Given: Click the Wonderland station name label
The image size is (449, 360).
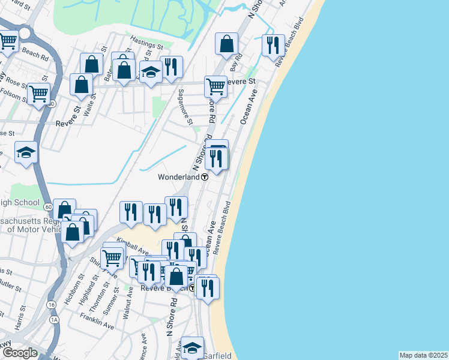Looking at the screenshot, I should (x=178, y=177).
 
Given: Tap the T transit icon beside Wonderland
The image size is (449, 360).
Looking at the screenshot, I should (x=205, y=177).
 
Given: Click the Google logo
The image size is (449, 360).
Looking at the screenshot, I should (x=20, y=353).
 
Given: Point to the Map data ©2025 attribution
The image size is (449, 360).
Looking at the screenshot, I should (x=423, y=355).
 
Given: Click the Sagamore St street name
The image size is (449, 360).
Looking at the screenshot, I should (x=185, y=107).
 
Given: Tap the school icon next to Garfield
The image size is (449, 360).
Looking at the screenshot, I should (x=192, y=347).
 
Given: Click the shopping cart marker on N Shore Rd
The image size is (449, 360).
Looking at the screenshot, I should (x=215, y=86).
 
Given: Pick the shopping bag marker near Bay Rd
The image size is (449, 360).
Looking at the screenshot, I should (x=227, y=43).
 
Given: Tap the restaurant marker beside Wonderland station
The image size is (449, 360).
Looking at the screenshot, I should (x=217, y=158).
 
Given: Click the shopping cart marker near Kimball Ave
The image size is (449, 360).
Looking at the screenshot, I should (x=112, y=259).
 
